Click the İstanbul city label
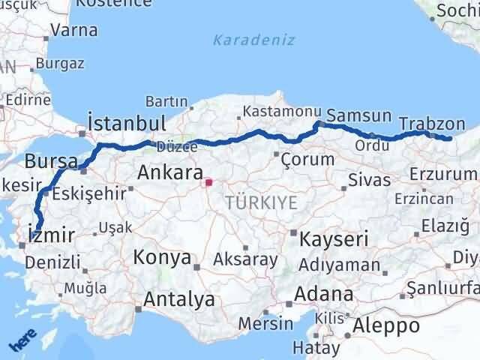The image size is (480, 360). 126,122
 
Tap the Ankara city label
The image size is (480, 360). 169,174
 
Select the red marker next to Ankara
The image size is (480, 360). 208,181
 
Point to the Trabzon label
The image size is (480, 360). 432,124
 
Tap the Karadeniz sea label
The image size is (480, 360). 253,40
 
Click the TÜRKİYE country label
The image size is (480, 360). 262,202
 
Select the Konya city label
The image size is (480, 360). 161,259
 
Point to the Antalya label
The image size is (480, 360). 178,299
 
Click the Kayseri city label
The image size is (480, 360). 334,239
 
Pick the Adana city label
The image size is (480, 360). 324,293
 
